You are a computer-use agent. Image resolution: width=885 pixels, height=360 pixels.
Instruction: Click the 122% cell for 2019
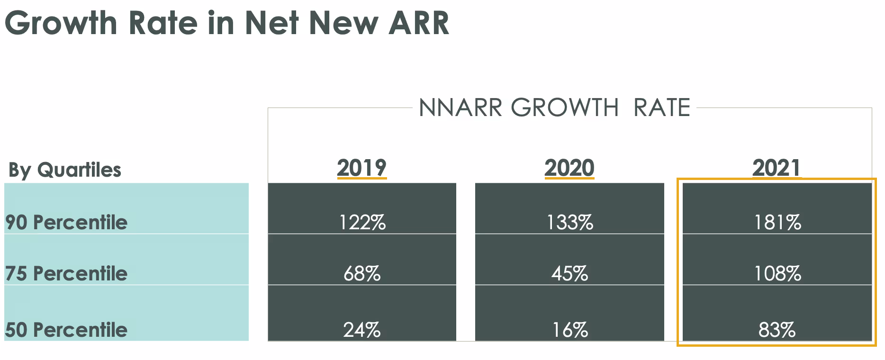[362, 222]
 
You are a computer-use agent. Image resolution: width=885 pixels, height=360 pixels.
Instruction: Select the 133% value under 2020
[570, 222]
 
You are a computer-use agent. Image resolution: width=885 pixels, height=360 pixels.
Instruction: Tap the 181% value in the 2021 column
[777, 222]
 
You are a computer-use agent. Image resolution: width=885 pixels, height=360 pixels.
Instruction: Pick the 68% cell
[362, 273]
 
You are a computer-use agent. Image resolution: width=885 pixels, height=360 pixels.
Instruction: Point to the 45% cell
[570, 273]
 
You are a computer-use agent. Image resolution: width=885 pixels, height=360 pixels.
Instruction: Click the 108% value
[777, 273]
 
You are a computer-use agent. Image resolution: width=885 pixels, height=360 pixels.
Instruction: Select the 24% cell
[362, 330]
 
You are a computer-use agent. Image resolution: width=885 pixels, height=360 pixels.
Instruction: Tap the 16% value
[570, 330]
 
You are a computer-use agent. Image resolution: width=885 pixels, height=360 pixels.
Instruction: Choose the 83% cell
[777, 330]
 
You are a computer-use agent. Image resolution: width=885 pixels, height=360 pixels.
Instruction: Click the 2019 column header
[362, 168]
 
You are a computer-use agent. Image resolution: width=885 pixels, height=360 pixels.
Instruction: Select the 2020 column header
[569, 168]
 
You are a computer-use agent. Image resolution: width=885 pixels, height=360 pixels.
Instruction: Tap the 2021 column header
[777, 168]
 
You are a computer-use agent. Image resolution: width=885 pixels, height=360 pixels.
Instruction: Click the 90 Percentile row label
[66, 222]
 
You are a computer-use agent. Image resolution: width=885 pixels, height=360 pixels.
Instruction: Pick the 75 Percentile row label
[66, 273]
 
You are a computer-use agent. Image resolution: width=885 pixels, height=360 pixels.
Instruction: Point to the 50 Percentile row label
[66, 330]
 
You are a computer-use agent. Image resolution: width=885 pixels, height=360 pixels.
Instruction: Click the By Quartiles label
[65, 170]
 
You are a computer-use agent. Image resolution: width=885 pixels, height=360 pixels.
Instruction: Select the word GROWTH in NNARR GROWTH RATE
[565, 108]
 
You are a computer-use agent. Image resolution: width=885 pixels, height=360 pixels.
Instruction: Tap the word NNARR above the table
[461, 108]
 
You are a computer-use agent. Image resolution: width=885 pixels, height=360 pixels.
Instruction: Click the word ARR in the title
[419, 23]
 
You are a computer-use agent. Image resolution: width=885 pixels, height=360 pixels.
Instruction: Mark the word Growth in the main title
[61, 23]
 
